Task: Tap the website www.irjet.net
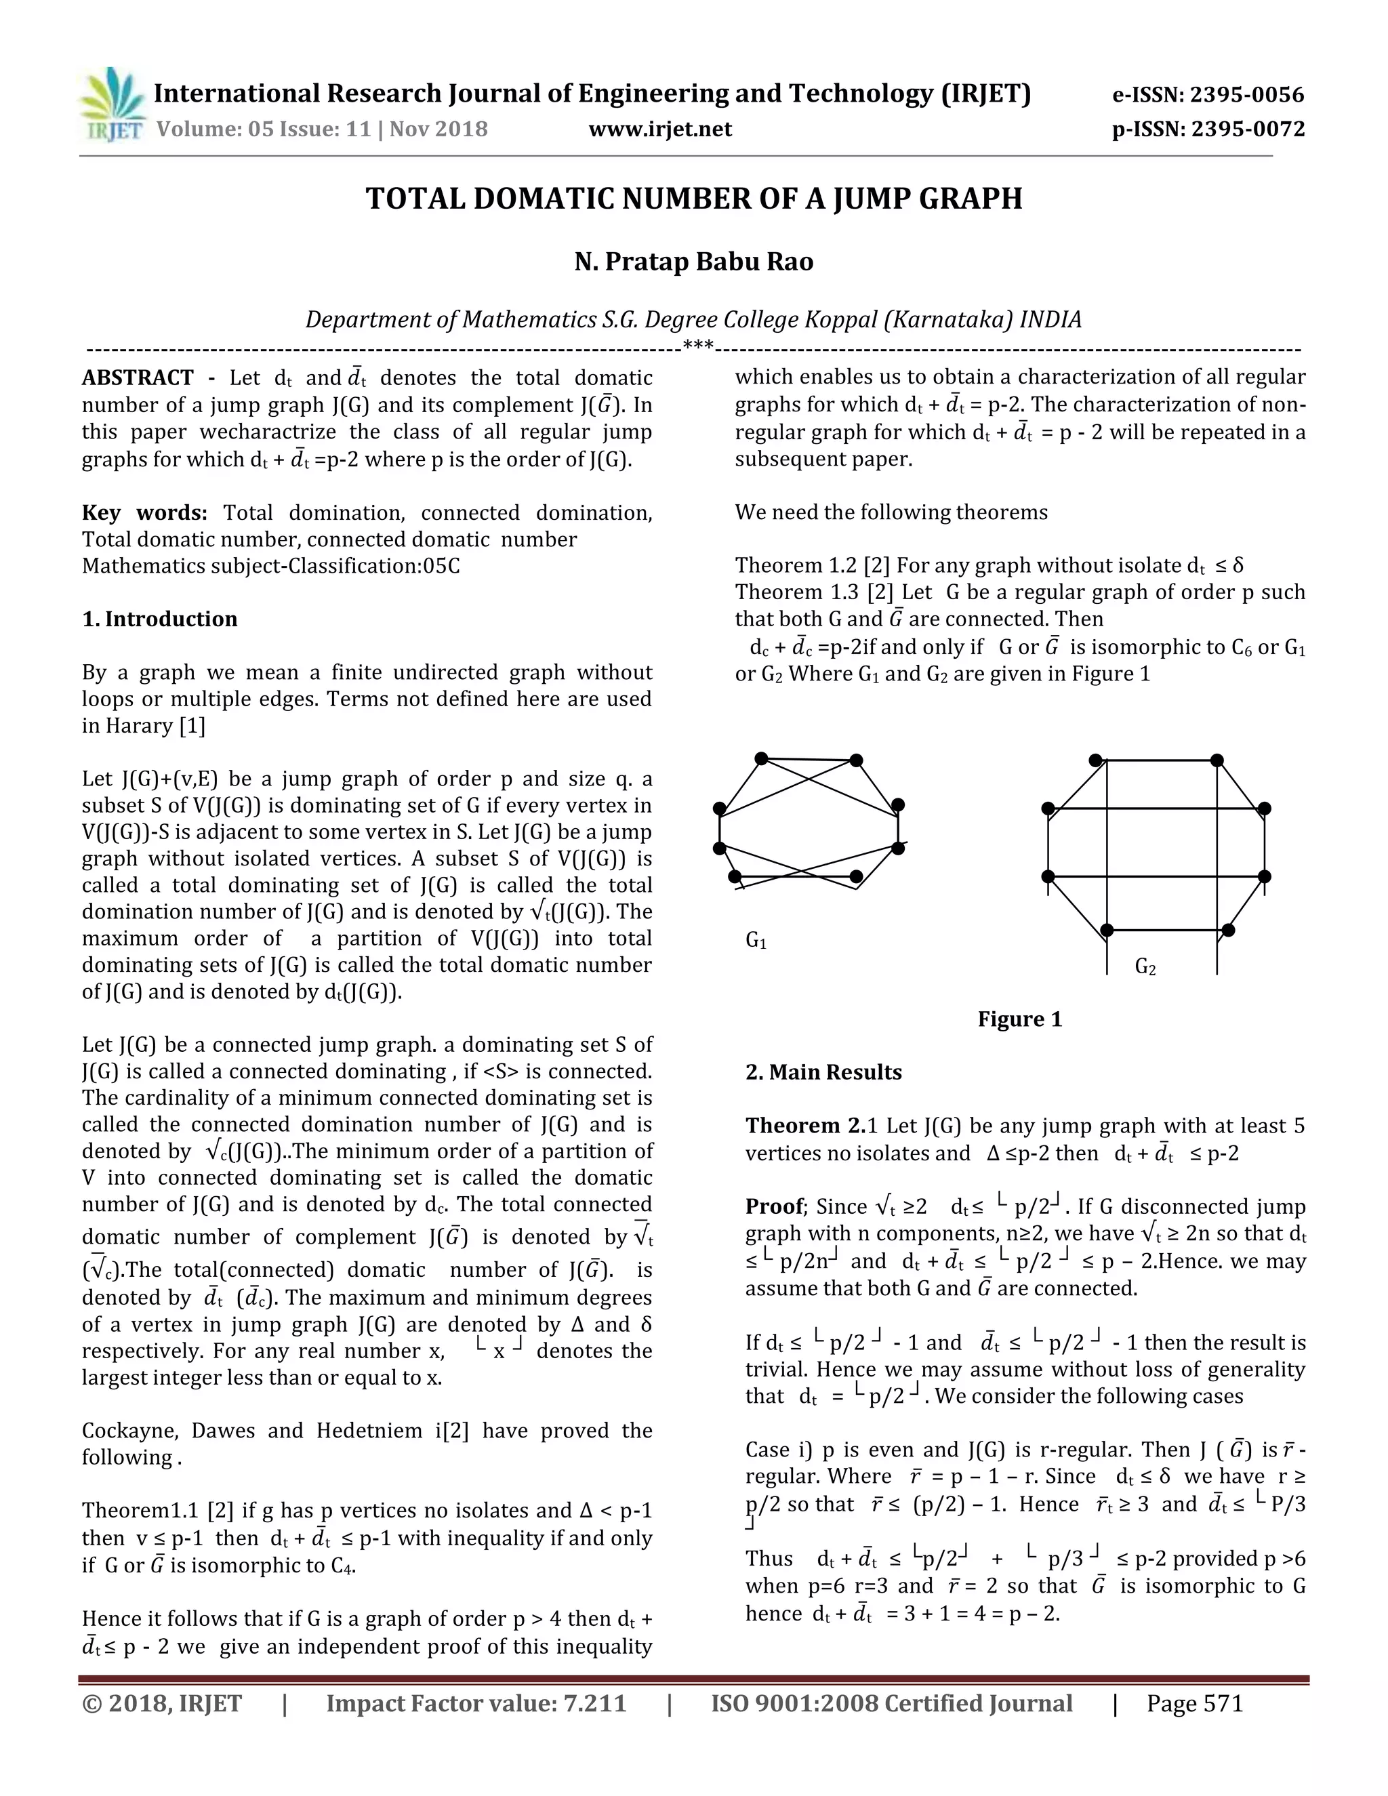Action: click(x=659, y=129)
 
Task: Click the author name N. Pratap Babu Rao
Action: click(x=693, y=262)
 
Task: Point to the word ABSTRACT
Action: click(x=138, y=377)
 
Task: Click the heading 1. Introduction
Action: click(x=159, y=619)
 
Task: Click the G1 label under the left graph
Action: click(x=756, y=940)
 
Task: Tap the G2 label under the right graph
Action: click(x=1145, y=967)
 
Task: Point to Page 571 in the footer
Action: click(x=1194, y=1703)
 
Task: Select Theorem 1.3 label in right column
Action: click(x=794, y=592)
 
